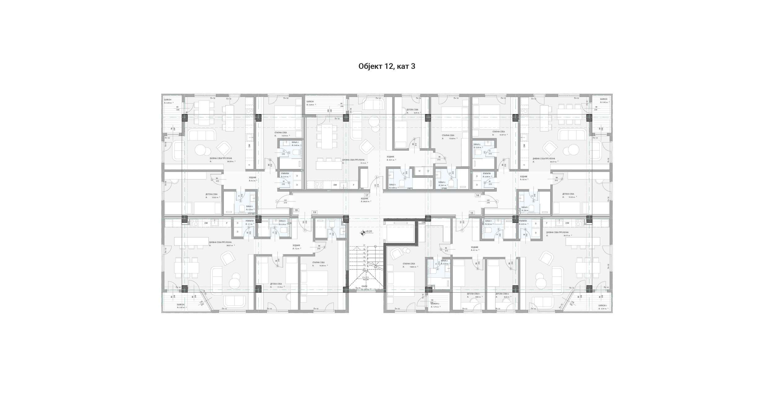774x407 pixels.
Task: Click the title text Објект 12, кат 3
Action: pyautogui.click(x=387, y=66)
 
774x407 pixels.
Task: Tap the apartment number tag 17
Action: pyautogui.click(x=367, y=195)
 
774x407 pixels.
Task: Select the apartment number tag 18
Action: pyautogui.click(x=296, y=210)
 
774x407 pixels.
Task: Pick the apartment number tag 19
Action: pyautogui.click(x=315, y=212)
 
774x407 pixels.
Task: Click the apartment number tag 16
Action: pyautogui.click(x=478, y=195)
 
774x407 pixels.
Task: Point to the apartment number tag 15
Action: pyautogui.click(x=472, y=213)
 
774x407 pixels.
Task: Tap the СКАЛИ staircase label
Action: pyautogui.click(x=364, y=286)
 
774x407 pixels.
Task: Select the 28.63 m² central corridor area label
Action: pyautogui.click(x=366, y=201)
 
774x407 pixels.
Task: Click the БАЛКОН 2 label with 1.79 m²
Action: pyautogui.click(x=435, y=304)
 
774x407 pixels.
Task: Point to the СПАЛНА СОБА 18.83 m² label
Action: pyautogui.click(x=409, y=264)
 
